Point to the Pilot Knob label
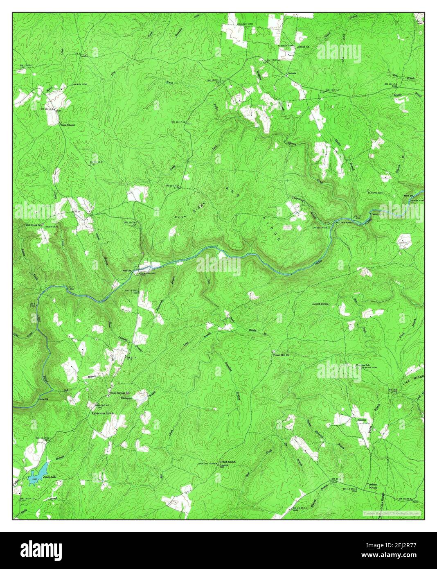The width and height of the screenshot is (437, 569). click(x=228, y=462)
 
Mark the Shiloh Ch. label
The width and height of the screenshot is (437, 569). click(x=301, y=47)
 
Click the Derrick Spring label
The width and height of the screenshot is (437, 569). click(x=320, y=304)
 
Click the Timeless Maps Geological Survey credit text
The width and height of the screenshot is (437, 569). click(x=392, y=513)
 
